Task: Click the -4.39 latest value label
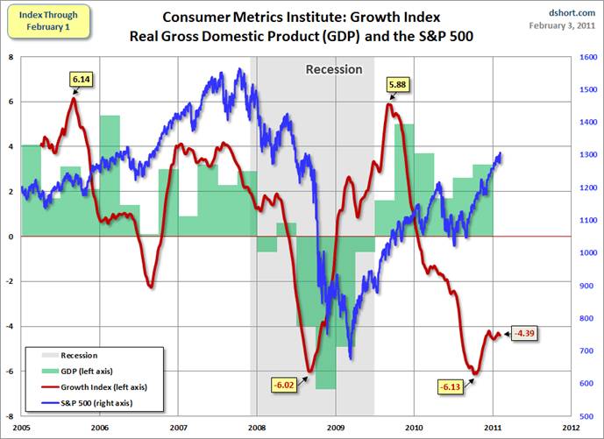(525, 333)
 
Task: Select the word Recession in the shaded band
(333, 69)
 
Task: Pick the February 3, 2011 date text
(564, 25)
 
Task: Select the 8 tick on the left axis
(11, 57)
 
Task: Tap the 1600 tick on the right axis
(590, 57)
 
